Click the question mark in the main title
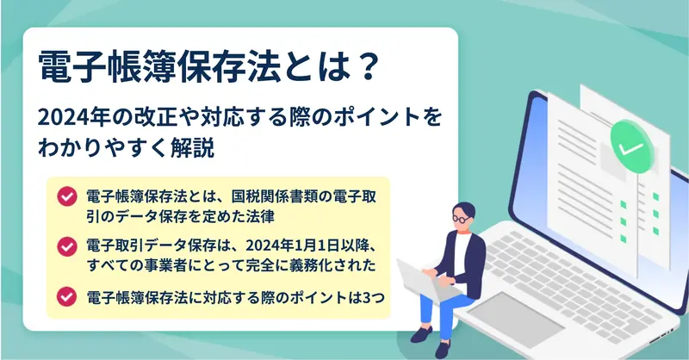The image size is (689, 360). click(364, 67)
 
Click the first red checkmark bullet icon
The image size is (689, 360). click(67, 196)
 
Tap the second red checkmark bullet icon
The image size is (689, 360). click(67, 246)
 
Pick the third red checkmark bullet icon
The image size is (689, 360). click(67, 297)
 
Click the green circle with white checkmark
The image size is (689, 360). click(631, 146)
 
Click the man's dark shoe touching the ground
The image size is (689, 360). click(443, 348)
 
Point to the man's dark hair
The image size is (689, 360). click(464, 209)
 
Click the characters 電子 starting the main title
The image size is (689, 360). click(71, 67)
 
